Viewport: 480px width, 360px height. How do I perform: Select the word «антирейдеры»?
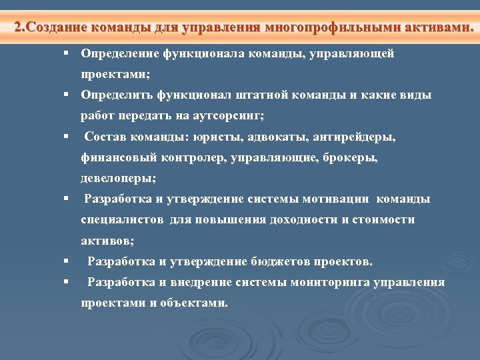(357, 137)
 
